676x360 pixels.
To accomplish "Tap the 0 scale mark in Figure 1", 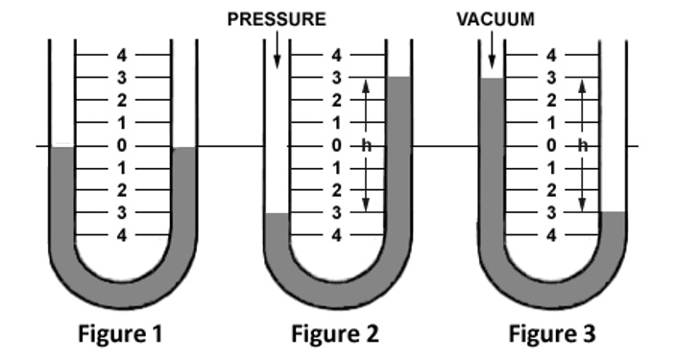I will (121, 146).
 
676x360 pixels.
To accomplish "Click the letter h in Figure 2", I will (366, 146).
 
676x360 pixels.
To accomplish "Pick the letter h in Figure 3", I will (581, 146).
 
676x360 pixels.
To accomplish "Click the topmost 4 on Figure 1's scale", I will (121, 55).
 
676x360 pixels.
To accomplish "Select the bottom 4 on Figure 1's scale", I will (121, 234).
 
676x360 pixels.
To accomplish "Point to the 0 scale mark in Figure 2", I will (336, 146).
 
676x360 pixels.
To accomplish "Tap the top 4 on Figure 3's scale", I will (551, 55).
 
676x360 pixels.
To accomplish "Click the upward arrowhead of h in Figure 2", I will (366, 83).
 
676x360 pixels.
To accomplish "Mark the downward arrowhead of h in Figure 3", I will (581, 207).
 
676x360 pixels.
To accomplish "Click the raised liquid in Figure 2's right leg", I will (399, 144).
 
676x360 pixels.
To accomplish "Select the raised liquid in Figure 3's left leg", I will (491, 144).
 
